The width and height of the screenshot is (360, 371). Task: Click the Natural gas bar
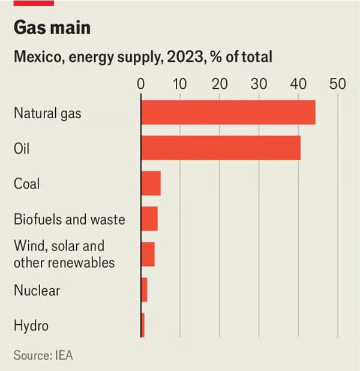228,112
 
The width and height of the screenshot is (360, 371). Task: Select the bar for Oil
221,148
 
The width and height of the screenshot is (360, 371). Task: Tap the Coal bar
151,183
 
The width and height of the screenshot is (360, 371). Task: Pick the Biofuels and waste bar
149,219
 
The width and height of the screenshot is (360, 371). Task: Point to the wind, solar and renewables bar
148,254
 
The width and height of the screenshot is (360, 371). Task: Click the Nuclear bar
144,290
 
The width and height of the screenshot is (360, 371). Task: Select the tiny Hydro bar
143,325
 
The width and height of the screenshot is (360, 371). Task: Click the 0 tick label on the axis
141,83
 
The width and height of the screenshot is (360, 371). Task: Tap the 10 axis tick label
180,83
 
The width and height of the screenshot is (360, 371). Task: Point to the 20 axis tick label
220,83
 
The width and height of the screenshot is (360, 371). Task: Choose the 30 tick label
259,83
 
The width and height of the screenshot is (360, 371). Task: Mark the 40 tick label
298,83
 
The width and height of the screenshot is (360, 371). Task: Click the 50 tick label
338,83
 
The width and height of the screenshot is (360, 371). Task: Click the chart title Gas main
52,29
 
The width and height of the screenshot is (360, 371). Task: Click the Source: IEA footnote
43,355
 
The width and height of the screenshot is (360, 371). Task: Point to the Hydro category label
31,326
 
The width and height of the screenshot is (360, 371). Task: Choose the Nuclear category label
37,291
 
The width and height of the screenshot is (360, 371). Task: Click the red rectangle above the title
34,3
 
